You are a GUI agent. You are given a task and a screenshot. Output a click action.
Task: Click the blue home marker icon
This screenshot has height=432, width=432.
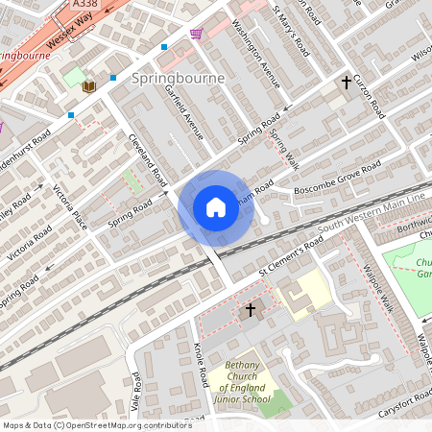216,207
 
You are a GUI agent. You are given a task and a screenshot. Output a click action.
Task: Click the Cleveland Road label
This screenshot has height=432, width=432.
148,161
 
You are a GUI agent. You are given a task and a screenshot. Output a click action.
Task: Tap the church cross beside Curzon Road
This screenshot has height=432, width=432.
347,84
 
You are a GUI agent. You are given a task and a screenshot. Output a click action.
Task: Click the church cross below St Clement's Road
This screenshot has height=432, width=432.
252,309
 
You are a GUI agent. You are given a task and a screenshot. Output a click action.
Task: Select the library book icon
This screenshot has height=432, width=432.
89,86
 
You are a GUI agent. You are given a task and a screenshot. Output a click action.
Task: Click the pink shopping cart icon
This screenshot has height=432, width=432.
197,35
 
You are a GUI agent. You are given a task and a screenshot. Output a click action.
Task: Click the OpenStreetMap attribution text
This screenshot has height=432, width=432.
96,425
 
